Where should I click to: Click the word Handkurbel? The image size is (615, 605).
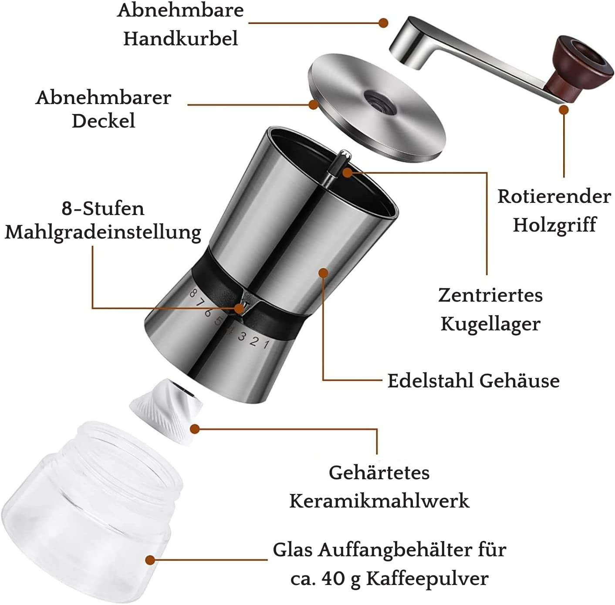click(x=180, y=38)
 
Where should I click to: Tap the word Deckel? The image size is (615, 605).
click(x=103, y=121)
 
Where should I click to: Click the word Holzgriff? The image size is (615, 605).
click(x=554, y=225)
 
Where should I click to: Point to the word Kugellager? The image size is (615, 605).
click(x=490, y=324)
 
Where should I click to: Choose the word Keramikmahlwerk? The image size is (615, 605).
click(x=379, y=501)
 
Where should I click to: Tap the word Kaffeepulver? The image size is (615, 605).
click(x=427, y=578)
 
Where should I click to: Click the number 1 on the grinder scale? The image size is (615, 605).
click(x=267, y=344)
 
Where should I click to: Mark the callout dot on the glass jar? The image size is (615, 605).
click(x=150, y=560)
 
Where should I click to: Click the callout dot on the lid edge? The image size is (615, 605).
click(x=313, y=104)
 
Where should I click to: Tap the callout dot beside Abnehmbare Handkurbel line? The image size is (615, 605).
click(x=383, y=23)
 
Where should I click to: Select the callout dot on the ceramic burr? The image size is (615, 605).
click(x=195, y=429)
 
